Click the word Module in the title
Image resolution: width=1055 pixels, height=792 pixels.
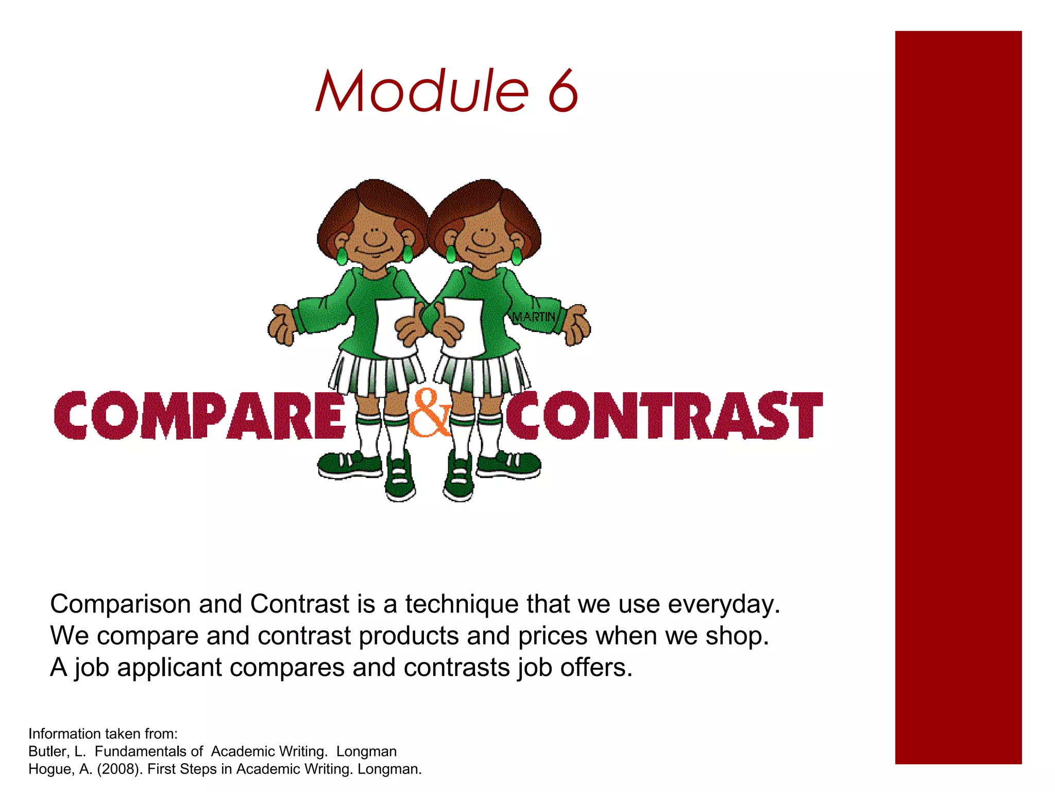click(422, 91)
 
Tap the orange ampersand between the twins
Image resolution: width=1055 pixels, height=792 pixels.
click(429, 414)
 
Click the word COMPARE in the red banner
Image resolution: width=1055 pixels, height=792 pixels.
click(200, 416)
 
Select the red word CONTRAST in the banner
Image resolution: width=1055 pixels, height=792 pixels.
click(665, 416)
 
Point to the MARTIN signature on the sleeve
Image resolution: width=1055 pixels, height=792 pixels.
click(534, 316)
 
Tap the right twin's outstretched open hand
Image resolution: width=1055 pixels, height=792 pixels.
click(577, 325)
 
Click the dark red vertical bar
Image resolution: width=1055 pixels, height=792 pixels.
click(958, 397)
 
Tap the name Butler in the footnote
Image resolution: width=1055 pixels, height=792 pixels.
click(48, 751)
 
